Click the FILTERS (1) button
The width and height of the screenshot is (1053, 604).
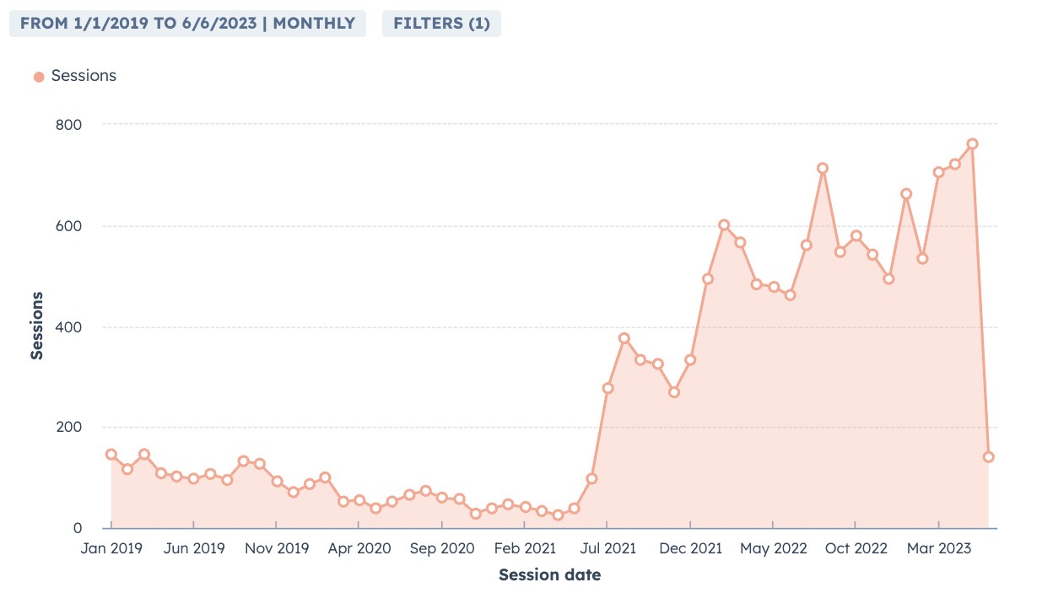(441, 24)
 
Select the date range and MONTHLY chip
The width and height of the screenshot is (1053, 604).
(187, 24)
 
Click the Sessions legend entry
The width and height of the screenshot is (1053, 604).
(75, 76)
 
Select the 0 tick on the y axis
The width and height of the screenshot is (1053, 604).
(78, 529)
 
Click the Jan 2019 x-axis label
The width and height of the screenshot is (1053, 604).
(111, 548)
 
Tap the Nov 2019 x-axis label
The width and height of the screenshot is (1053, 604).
(277, 548)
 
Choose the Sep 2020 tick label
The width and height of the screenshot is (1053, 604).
(442, 548)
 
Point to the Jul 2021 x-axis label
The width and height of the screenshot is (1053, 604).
(607, 548)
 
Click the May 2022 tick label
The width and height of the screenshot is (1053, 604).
(773, 548)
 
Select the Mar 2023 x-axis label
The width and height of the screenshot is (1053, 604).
(938, 548)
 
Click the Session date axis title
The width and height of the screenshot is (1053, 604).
(549, 575)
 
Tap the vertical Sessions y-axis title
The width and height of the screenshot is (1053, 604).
(37, 326)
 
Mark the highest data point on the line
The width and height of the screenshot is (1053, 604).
(972, 144)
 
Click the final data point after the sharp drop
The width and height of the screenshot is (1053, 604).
(988, 457)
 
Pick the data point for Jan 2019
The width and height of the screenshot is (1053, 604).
(111, 455)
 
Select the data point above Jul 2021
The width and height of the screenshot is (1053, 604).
(607, 388)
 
